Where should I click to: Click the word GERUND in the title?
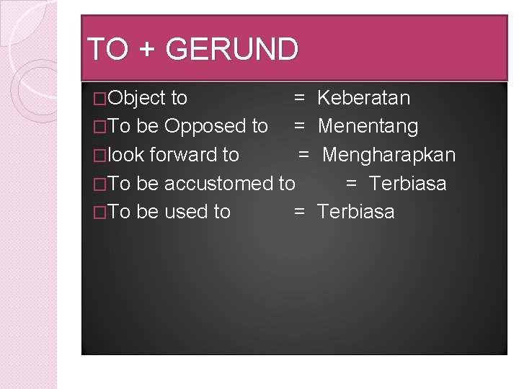tap(231, 50)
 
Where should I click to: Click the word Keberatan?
tap(363, 98)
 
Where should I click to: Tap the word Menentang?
tap(368, 127)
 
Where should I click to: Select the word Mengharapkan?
tap(389, 155)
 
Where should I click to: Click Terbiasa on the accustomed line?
tap(407, 184)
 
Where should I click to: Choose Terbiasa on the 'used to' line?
tap(355, 212)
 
